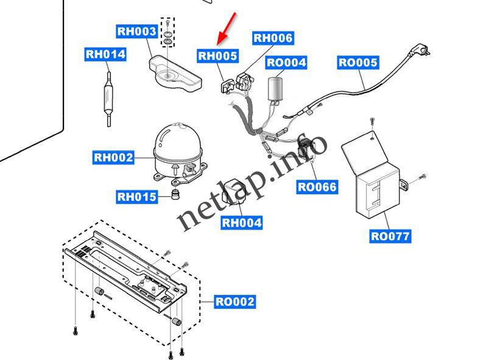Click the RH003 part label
point(137,31)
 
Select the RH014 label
point(105,54)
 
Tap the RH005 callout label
point(218,57)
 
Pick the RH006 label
point(273,38)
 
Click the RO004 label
point(286,62)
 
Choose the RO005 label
point(358,62)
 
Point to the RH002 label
point(113,158)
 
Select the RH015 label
point(137,197)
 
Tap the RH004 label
point(242,223)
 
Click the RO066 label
point(317,187)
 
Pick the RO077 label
point(390,236)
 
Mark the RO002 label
point(235,301)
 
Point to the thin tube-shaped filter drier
point(107,97)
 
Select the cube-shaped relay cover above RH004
point(234,190)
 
